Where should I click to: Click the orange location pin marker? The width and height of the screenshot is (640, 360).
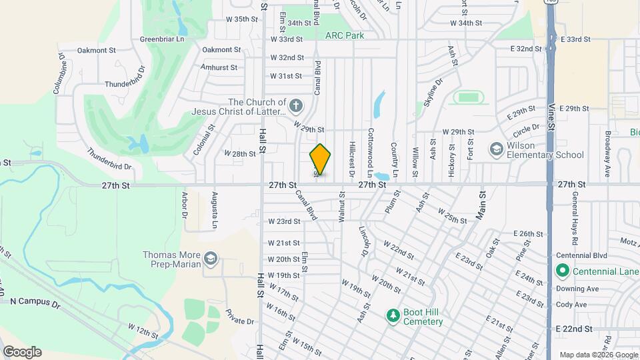pos(321,159)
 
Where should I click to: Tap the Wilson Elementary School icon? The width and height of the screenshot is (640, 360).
pos(496,148)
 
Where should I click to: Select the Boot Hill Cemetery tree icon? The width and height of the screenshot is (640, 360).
pos(393,315)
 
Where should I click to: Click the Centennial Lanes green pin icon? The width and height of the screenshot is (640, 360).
pos(561,271)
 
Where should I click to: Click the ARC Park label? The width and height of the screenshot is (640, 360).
pos(345,35)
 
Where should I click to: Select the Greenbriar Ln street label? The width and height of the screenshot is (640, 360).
pos(161,39)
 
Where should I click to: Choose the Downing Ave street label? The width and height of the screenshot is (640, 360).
pos(577,289)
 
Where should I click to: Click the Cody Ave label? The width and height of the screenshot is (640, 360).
pos(571,305)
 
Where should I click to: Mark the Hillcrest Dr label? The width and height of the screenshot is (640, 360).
pos(351,158)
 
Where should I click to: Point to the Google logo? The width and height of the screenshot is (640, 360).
pos(22,352)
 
